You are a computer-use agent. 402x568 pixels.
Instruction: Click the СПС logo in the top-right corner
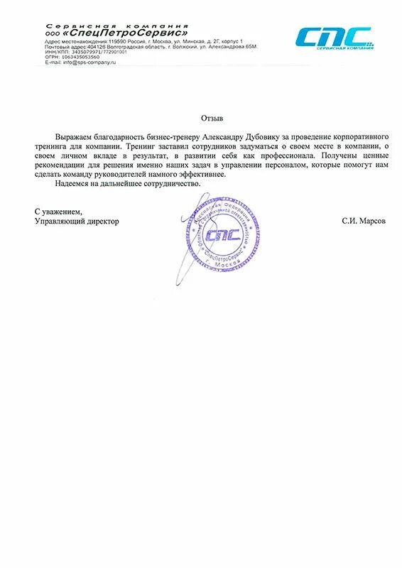(333, 38)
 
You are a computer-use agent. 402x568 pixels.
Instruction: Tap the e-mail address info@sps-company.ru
(89, 62)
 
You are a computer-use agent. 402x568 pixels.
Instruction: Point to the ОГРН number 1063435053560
(80, 57)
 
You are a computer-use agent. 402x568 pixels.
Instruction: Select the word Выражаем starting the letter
(75, 135)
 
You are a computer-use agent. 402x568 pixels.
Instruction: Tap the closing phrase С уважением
(58, 212)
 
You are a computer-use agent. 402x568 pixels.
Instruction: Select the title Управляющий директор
(77, 221)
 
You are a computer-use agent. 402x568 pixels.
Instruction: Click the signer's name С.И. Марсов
(364, 221)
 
